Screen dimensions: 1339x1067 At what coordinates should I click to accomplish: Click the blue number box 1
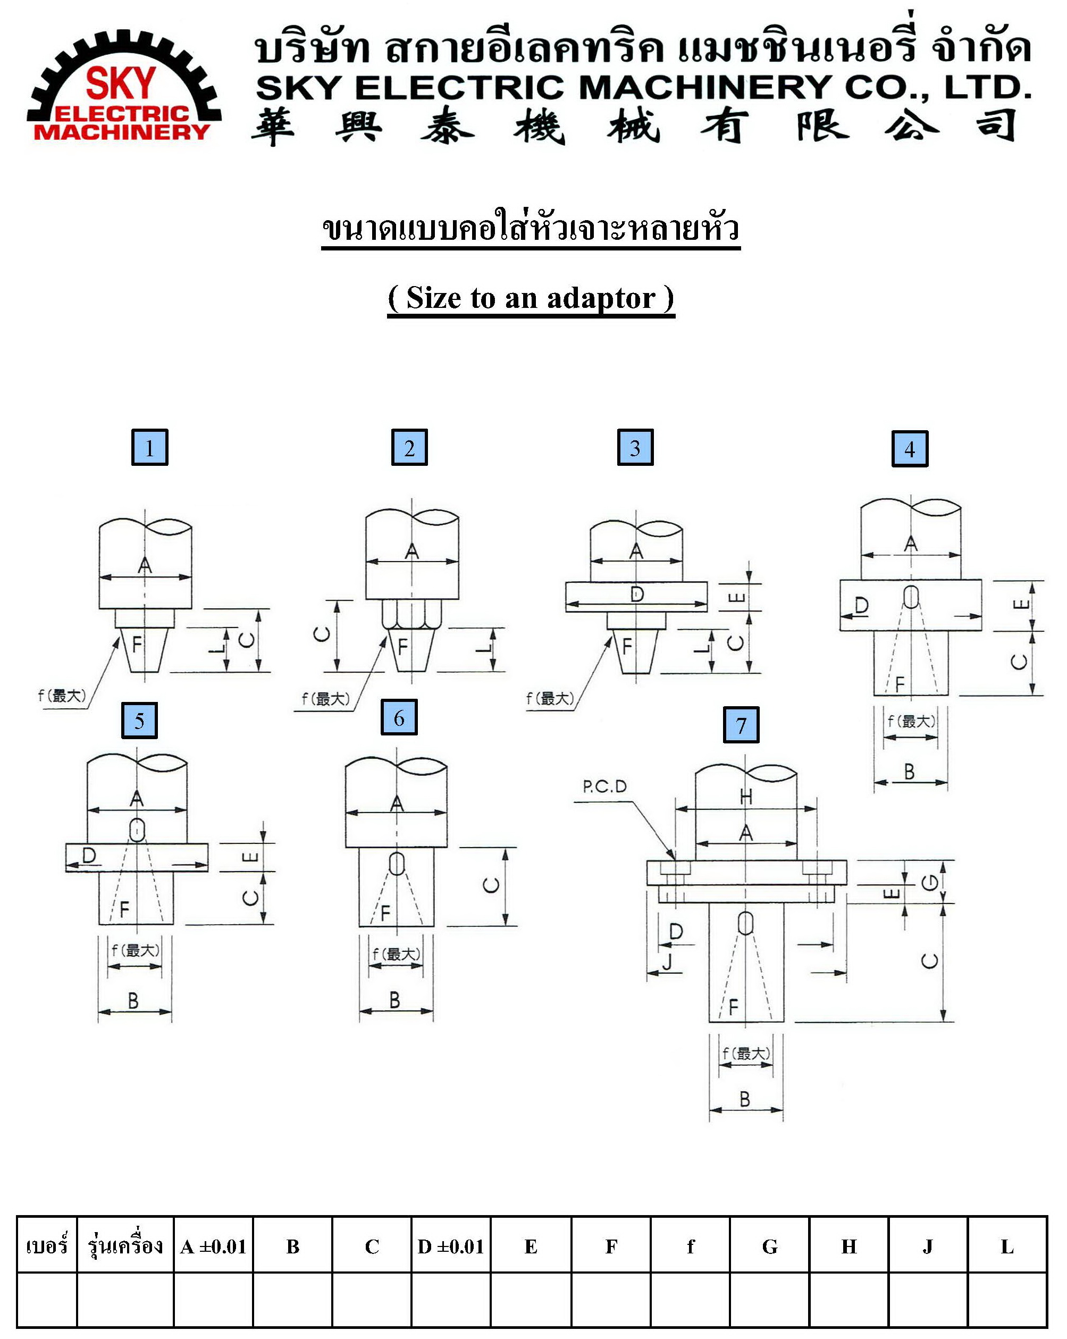(x=150, y=447)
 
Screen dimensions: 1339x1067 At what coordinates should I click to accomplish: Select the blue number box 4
(x=909, y=448)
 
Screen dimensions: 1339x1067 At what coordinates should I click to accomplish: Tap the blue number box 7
(x=741, y=725)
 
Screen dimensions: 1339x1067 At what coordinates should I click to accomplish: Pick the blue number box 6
(x=399, y=717)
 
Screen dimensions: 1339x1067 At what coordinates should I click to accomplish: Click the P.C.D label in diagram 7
(x=604, y=787)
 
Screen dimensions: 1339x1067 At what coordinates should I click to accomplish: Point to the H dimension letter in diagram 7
(x=746, y=796)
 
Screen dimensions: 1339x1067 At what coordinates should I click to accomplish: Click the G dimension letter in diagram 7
(x=929, y=882)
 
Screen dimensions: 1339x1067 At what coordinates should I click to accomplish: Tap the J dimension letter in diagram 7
(x=668, y=962)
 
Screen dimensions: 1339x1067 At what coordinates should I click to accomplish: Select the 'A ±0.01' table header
(x=213, y=1246)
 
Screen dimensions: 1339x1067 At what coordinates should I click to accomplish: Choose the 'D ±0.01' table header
(x=450, y=1246)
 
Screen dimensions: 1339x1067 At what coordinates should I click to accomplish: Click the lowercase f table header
(x=690, y=1246)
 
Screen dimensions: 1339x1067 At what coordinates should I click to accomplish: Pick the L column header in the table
(x=1007, y=1246)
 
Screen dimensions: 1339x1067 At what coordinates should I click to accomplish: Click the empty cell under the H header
(x=848, y=1299)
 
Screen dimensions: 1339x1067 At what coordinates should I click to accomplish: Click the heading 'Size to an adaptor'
(x=531, y=298)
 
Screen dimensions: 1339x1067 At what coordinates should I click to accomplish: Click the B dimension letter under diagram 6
(x=394, y=1000)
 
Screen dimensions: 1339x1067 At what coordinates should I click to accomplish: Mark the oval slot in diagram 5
(x=137, y=830)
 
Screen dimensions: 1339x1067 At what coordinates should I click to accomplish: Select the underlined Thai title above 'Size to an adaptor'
(x=531, y=229)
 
